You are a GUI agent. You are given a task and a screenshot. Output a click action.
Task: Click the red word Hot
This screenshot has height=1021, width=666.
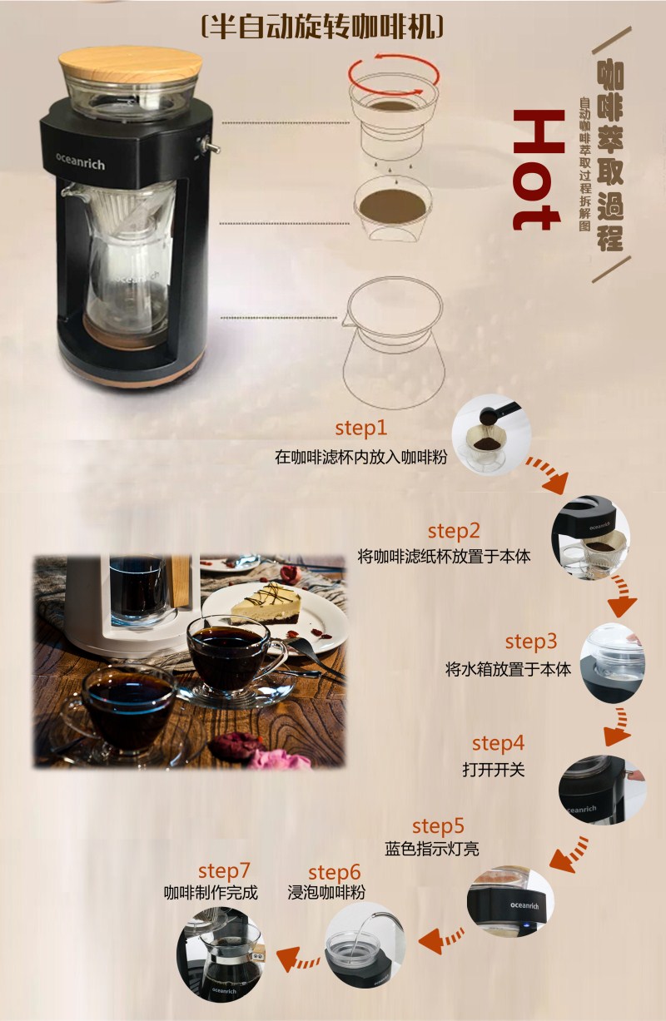click(x=537, y=170)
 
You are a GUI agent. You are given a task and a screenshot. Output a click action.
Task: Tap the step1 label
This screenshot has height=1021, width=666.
click(x=360, y=428)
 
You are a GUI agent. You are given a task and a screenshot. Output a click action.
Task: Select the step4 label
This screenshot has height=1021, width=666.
click(x=498, y=743)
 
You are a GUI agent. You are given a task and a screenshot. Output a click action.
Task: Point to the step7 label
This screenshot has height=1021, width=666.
click(x=224, y=871)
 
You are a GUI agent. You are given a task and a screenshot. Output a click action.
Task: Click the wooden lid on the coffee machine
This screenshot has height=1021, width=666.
click(x=128, y=67)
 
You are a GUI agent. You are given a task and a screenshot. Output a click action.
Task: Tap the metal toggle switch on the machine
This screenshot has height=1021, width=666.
click(x=208, y=146)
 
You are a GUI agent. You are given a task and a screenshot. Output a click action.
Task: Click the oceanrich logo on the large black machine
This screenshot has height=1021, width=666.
click(x=80, y=161)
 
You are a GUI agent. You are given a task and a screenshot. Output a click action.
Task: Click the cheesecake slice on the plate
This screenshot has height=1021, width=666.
click(x=266, y=604)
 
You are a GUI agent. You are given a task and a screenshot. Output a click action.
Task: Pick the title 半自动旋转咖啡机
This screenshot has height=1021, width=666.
click(x=322, y=27)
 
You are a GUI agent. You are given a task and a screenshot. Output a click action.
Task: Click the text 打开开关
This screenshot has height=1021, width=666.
click(x=494, y=770)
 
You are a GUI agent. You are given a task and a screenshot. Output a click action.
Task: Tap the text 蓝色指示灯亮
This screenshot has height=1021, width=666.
click(x=431, y=849)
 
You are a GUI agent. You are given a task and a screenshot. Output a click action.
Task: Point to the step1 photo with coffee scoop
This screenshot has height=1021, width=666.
click(x=491, y=436)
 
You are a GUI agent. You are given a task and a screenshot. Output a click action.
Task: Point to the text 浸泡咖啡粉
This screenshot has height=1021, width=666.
click(x=326, y=893)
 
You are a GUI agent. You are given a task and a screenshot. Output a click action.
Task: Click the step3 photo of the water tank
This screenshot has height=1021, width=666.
click(x=613, y=664)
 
